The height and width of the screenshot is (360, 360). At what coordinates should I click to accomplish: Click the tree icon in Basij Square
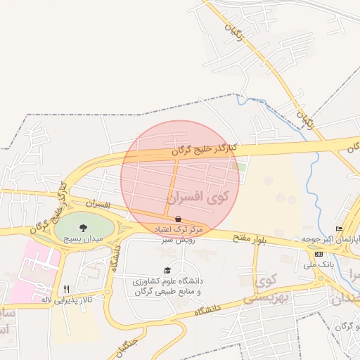[x=84, y=228]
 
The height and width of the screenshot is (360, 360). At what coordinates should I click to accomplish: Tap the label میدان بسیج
[x=84, y=239]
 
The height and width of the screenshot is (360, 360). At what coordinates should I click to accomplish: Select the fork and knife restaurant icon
[x=67, y=288]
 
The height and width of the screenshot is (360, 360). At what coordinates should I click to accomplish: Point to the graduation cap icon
[x=167, y=271]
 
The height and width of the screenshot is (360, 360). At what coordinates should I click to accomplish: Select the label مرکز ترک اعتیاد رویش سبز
[x=179, y=234]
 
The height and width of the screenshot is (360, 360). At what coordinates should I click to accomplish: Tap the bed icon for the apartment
[x=340, y=229]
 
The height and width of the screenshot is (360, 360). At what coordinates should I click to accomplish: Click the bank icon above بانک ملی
[x=319, y=254]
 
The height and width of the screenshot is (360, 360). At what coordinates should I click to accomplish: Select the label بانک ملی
[x=317, y=265]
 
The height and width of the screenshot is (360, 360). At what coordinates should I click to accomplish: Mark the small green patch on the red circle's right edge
[x=240, y=167]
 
